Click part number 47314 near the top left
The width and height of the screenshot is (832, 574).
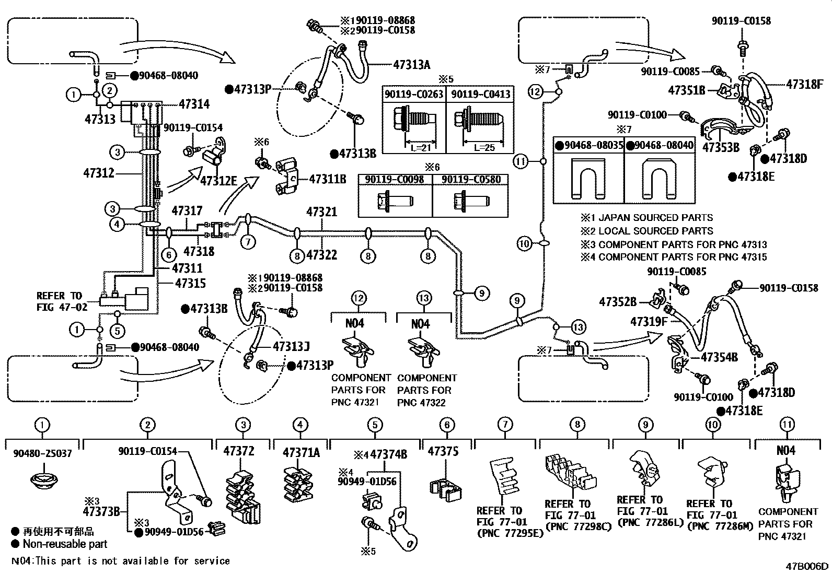(194, 104)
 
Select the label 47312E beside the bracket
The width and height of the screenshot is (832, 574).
(218, 181)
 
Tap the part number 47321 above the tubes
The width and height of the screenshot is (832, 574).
(321, 212)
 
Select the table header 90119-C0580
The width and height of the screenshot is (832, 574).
(471, 180)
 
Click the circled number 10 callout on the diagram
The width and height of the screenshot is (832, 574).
(524, 243)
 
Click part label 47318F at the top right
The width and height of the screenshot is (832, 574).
(804, 84)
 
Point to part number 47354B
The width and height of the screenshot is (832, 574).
(719, 357)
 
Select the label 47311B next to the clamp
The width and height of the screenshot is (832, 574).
(327, 179)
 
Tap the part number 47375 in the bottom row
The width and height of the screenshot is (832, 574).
(443, 451)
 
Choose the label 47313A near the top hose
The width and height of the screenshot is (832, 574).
(411, 65)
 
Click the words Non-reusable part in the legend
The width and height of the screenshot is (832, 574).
(65, 544)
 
